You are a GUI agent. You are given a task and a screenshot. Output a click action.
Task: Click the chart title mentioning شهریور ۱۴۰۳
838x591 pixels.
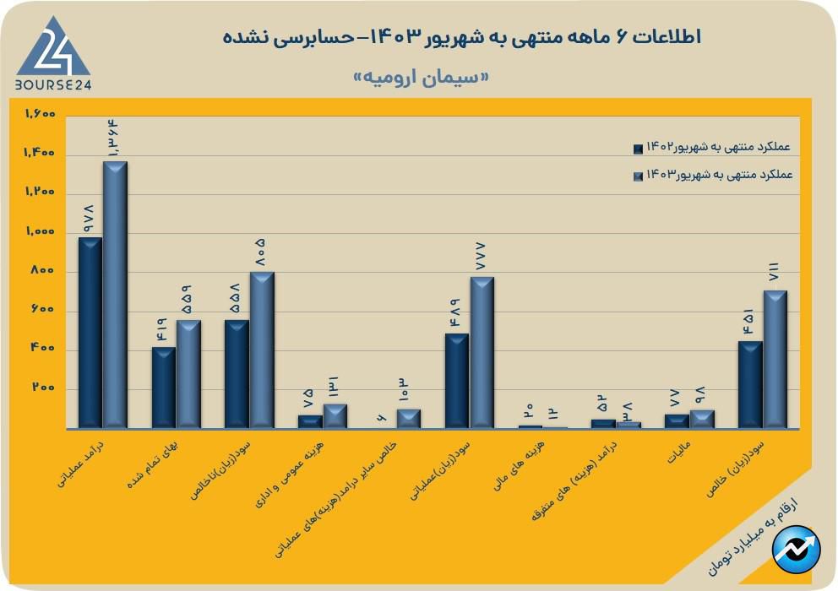point(463,37)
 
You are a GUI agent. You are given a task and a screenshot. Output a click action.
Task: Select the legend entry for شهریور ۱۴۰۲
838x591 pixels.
point(712,148)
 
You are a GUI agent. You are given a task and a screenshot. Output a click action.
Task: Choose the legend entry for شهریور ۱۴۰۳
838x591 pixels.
point(712,175)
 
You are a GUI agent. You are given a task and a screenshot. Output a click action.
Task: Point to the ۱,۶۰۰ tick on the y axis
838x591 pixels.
point(40,114)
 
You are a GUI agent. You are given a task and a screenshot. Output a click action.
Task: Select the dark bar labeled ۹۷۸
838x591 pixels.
point(90,332)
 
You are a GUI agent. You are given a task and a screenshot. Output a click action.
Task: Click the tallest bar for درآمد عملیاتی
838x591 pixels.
point(115,294)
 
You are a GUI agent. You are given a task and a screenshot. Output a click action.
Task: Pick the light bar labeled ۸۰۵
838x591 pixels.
point(262,350)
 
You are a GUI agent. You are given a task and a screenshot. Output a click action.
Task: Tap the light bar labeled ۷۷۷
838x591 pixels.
point(482,352)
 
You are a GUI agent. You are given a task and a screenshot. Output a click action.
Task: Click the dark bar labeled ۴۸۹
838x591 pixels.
point(457,380)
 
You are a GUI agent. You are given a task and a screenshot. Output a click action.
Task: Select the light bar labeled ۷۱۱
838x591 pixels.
point(775,359)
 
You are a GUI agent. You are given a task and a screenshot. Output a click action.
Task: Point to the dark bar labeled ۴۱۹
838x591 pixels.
point(164,388)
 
